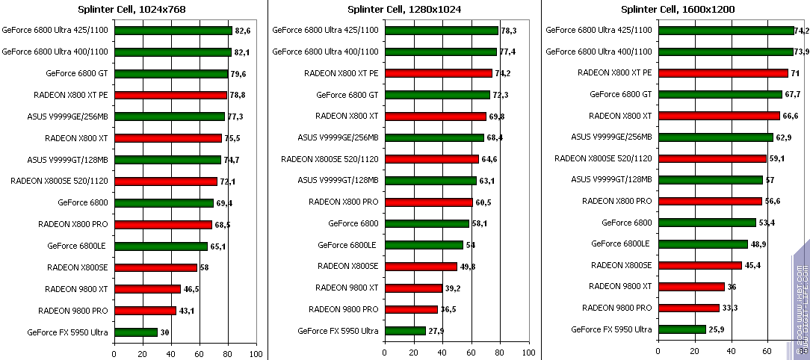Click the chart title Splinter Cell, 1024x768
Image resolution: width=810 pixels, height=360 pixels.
coord(132,9)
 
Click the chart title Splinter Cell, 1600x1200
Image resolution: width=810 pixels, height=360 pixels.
coord(678,9)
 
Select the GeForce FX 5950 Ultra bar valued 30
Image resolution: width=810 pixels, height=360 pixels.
coord(136,332)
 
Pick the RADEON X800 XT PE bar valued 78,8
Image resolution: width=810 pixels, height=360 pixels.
coord(170,95)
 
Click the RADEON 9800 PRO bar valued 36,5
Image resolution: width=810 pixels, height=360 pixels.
coord(411,309)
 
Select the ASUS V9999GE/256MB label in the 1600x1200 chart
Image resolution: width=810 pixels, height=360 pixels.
coord(611,137)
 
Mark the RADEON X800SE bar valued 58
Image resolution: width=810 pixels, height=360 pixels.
coord(155,267)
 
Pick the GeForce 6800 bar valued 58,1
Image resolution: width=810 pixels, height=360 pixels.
coord(427,223)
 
